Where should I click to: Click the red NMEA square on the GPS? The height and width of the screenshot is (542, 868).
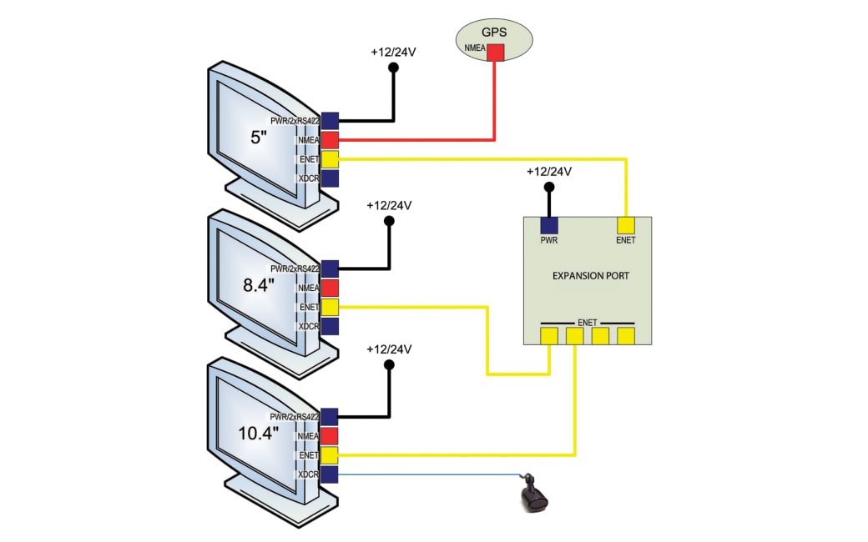[496, 53]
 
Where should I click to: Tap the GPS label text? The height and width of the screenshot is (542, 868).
[494, 32]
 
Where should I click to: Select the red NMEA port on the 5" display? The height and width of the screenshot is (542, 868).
[330, 140]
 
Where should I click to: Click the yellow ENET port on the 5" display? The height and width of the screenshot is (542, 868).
[330, 159]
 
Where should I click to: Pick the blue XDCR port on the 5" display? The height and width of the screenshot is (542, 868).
[330, 178]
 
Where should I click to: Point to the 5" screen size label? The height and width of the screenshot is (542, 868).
[259, 137]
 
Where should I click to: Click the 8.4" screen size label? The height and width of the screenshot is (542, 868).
[259, 285]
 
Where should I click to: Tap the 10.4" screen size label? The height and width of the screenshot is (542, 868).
[259, 433]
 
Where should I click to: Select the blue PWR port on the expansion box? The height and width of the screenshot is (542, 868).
[548, 225]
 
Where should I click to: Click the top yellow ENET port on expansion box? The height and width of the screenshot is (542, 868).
[625, 225]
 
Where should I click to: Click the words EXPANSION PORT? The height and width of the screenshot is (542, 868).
[591, 275]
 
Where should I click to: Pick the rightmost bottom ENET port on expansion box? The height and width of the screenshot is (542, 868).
[625, 336]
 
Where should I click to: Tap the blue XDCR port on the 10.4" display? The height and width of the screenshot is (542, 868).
[330, 474]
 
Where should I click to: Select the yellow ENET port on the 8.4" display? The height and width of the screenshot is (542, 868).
[330, 307]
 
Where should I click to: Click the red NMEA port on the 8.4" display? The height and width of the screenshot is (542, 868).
[330, 288]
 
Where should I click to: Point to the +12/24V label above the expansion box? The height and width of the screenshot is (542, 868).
[549, 172]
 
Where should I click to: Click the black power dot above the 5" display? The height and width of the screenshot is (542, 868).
[394, 68]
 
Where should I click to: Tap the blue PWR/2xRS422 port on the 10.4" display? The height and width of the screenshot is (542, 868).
[330, 417]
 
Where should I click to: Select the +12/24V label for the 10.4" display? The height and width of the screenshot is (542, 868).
[389, 349]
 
